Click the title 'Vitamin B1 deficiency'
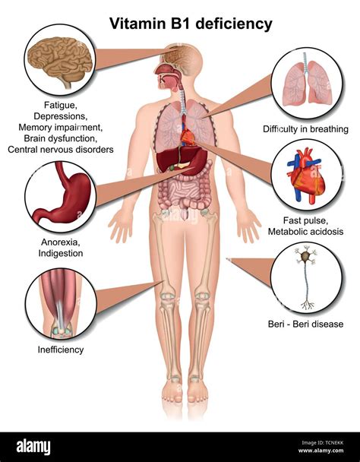191,24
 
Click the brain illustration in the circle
60,61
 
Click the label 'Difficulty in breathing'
305,129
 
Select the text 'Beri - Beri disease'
305,324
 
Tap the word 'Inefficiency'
61,350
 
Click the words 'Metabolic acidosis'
305,232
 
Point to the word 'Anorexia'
60,242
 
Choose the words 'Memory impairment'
60,128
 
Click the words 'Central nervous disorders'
61,150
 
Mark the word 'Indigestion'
61,253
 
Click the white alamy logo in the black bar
33,447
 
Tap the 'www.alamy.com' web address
321,451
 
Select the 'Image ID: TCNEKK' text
322,442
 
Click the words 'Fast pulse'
305,220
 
